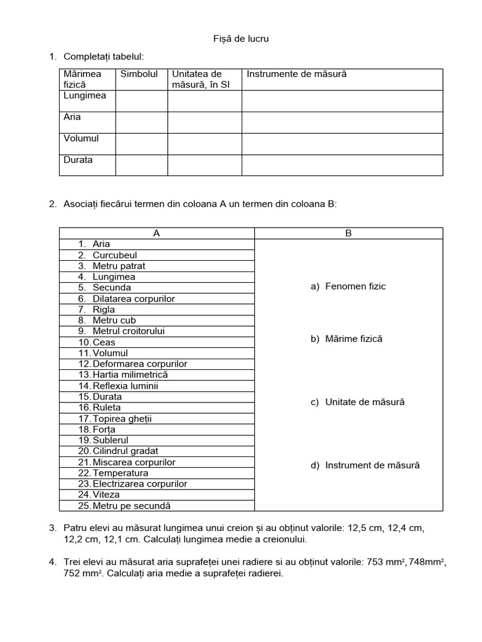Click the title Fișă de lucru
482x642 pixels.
pos(241,39)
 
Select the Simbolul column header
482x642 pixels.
pos(139,74)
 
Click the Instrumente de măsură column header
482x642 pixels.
pos(296,74)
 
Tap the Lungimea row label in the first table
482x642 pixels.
pos(85,96)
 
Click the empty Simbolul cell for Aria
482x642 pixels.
pos(141,122)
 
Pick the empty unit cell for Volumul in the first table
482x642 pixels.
pos(204,144)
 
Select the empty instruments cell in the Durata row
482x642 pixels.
pos(342,165)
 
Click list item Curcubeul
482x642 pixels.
pos(114,255)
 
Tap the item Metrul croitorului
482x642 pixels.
pos(128,331)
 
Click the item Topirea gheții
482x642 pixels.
pos(122,418)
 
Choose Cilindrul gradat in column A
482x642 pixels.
pos(125,451)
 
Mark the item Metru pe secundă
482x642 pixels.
pos(131,506)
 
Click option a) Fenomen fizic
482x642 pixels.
pos(348,287)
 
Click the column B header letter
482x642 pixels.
pos(348,233)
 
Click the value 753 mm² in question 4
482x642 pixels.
pos(382,562)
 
